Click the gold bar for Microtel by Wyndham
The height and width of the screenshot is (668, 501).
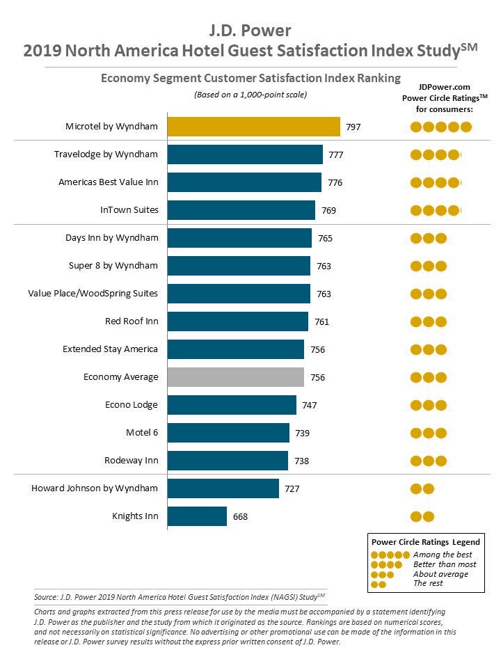point(253,127)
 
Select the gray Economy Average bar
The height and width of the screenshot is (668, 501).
point(235,377)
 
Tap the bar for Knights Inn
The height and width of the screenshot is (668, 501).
point(197,516)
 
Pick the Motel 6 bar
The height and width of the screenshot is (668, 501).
point(228,433)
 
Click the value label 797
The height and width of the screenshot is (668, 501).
point(353,127)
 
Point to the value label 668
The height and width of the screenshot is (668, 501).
point(239,517)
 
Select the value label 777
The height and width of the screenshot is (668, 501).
point(335,155)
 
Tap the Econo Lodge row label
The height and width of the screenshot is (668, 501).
point(132,405)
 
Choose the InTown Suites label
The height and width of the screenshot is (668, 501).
point(129,210)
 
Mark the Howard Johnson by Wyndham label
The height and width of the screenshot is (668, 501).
point(95,488)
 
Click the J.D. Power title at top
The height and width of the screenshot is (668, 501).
point(250,31)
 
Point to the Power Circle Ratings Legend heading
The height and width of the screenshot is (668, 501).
point(425,542)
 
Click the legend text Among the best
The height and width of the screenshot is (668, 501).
point(441,555)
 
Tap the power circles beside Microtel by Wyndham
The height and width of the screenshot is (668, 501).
point(440,127)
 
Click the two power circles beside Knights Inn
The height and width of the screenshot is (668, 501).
point(422,516)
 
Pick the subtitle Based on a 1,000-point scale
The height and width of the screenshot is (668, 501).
point(250,95)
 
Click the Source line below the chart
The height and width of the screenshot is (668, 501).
point(179,597)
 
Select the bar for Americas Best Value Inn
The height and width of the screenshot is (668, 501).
point(244,182)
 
